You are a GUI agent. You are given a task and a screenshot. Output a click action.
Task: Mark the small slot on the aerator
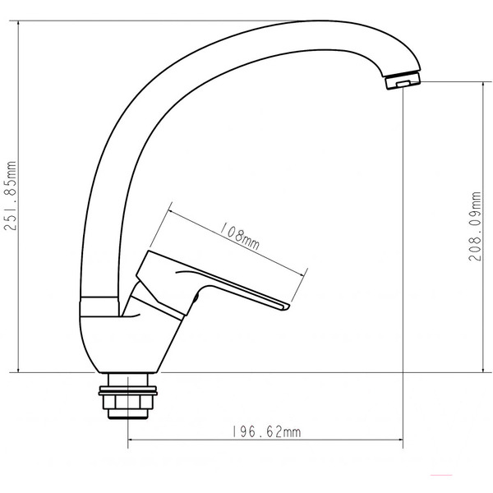(x=403, y=83)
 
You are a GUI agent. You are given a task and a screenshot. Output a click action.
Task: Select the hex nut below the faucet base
(x=128, y=404)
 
